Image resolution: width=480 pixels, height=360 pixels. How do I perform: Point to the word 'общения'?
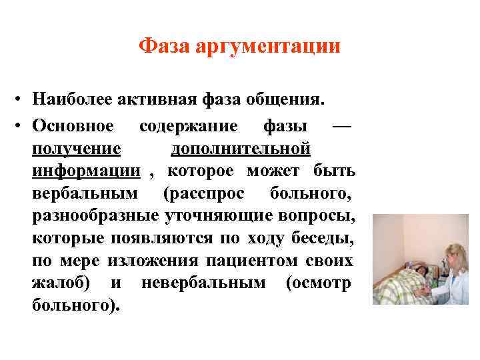(283, 101)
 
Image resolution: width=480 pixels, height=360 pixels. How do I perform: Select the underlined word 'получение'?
(76, 147)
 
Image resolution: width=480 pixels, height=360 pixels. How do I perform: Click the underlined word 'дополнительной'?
(241, 147)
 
